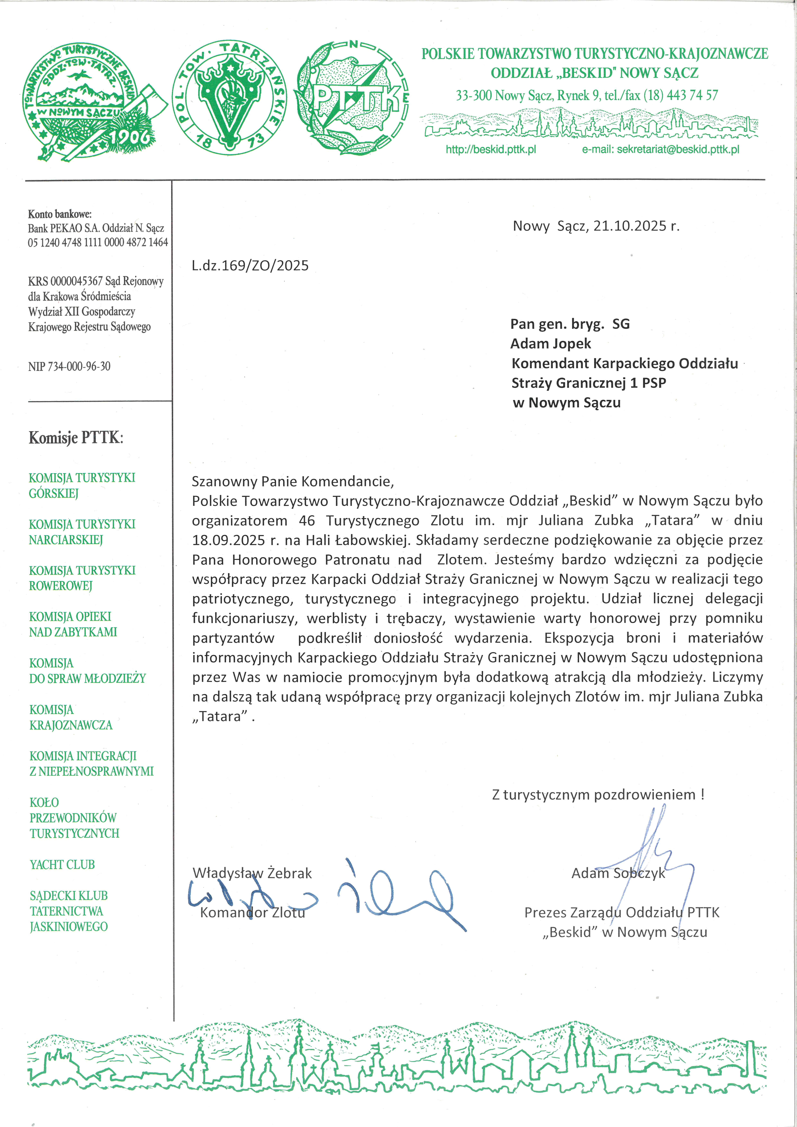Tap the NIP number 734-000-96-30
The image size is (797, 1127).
pos(79,366)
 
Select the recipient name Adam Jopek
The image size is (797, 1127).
pos(551,344)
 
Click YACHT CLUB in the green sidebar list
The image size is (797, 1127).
pos(62,864)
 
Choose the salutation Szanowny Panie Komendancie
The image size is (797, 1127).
pos(293,481)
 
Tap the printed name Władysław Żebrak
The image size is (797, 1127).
pos(252,873)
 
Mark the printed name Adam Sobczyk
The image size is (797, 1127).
pos(618,873)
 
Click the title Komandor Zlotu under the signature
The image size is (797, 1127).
pos(252,913)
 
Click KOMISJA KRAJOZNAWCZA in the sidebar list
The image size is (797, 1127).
pos(71,717)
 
